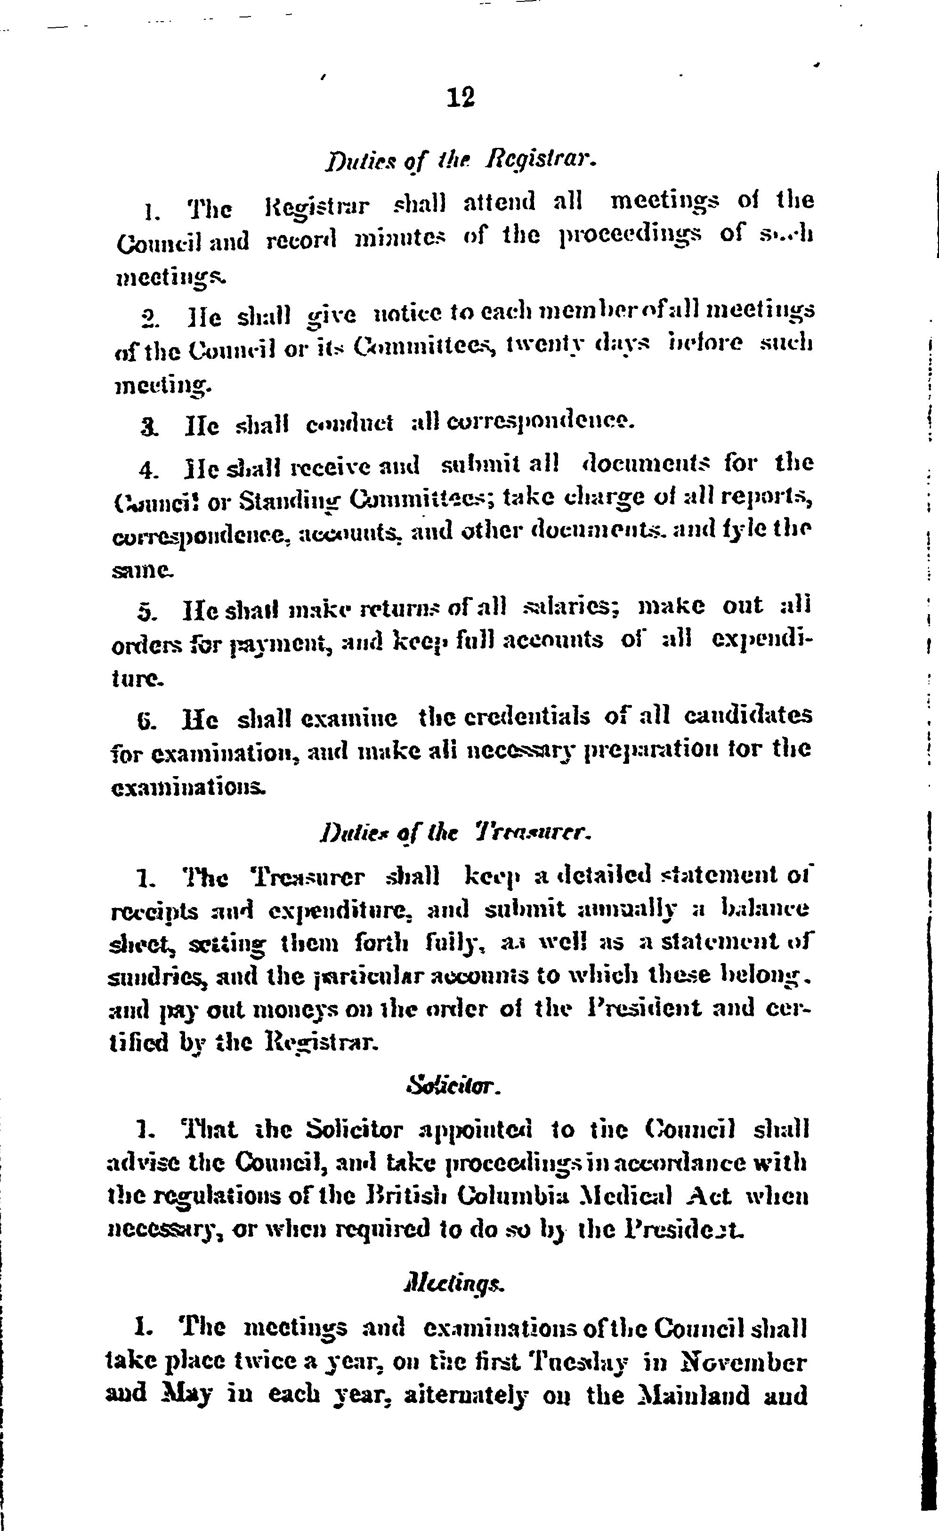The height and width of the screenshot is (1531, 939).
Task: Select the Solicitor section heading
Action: tap(452, 1086)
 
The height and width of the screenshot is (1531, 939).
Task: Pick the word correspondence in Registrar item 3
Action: tap(533, 424)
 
